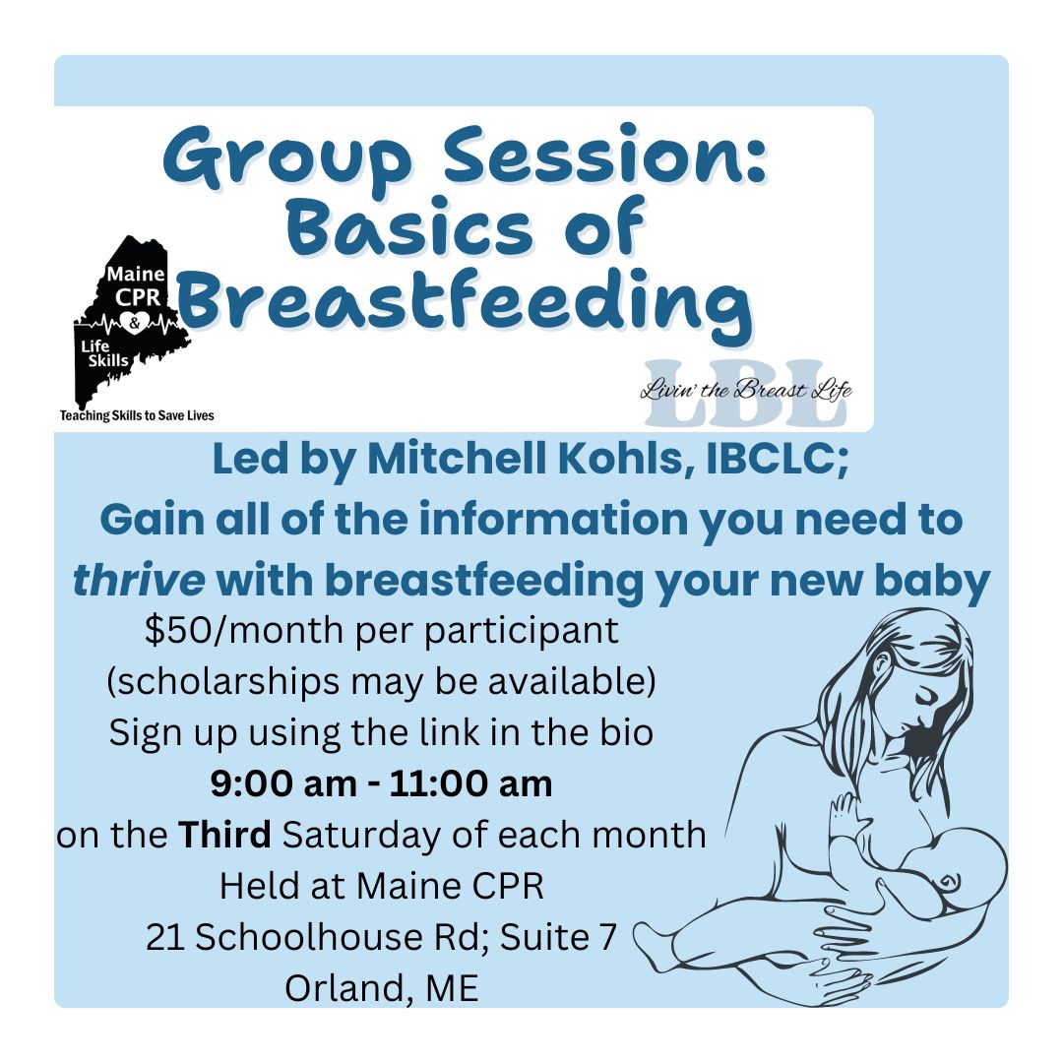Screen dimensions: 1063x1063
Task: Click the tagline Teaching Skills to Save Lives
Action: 137,415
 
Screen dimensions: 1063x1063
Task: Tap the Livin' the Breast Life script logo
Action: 746,392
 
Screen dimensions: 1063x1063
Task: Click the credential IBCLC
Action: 778,460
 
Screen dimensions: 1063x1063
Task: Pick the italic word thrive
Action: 139,581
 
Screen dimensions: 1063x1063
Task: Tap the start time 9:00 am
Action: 283,783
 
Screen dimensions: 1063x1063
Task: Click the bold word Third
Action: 225,835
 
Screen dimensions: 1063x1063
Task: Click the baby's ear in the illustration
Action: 949,882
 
